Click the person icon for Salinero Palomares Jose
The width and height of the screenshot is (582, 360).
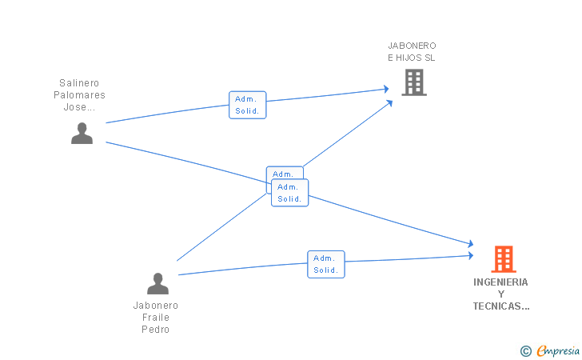coord(82,133)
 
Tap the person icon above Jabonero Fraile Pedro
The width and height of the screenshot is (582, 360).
coord(157,283)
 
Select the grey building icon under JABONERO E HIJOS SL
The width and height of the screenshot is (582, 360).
coord(414,82)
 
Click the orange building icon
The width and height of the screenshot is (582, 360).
coord(504,259)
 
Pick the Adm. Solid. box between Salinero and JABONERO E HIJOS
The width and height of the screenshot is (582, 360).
coord(248,105)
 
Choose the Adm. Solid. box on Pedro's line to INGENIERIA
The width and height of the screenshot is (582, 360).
coord(326,264)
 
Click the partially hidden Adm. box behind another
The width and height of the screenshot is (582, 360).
coord(285,173)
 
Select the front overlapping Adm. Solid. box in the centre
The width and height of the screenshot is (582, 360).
coord(290,193)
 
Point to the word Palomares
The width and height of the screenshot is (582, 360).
coord(79,95)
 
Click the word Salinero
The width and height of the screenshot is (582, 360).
coord(79,83)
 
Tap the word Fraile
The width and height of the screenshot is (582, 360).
coord(156,318)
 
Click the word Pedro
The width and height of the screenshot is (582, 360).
coord(156,329)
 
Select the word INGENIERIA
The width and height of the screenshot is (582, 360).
coord(500,282)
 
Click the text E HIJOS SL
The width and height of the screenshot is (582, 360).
coord(411,58)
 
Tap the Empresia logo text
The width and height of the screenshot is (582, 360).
coord(558,350)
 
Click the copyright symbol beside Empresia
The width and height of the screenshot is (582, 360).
coord(526,351)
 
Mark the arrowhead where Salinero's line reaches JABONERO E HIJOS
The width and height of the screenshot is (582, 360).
coord(386,89)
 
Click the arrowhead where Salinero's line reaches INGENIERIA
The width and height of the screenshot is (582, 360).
coord(471,243)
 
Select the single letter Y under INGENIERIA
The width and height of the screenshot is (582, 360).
coord(501,294)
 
